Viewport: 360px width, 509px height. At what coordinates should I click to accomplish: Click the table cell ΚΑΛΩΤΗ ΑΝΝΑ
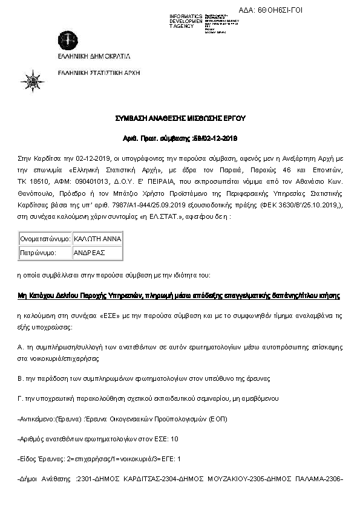click(x=97, y=239)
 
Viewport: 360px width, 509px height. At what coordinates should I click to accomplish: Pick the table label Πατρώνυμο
click(x=39, y=253)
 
